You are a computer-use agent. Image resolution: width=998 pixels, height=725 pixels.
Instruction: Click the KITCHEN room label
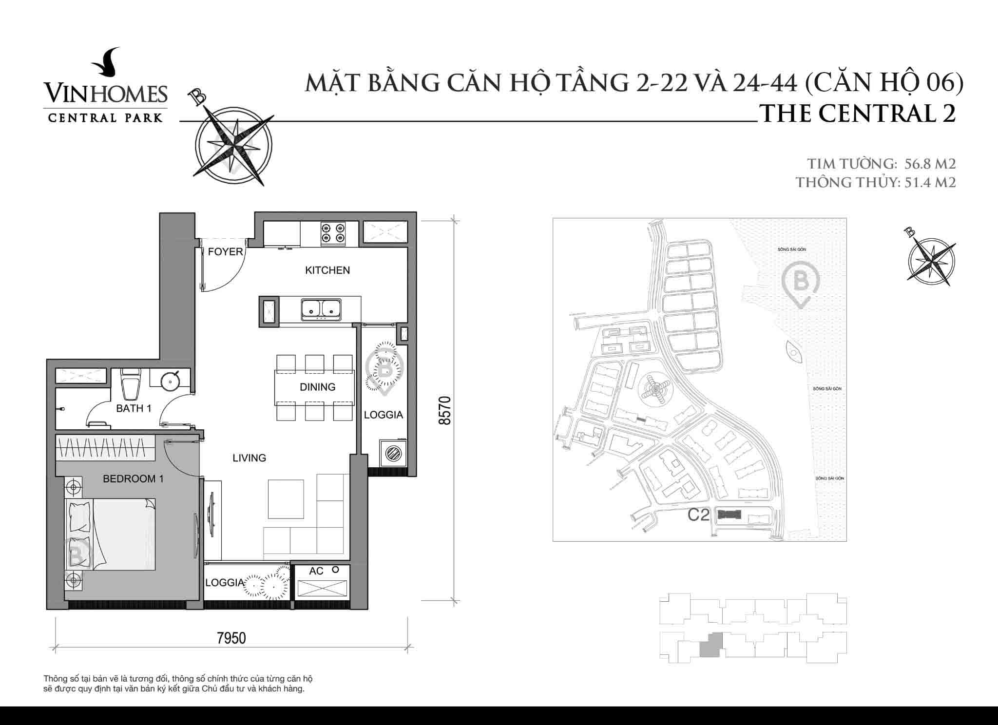327,270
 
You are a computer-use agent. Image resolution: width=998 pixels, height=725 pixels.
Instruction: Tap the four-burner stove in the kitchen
333,233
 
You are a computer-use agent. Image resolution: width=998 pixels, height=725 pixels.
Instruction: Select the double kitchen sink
321,309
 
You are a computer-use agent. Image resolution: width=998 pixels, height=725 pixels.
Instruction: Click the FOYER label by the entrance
225,251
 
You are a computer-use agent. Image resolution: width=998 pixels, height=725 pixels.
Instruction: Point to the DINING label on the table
317,387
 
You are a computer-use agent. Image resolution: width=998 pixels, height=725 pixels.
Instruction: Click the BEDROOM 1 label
133,479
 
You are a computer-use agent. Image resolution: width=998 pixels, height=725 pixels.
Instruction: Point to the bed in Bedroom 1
111,534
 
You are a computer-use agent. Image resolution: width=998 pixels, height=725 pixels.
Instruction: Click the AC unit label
316,571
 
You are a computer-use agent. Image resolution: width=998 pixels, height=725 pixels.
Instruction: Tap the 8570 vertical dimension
444,410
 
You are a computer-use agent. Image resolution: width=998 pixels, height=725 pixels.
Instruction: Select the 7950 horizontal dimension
231,638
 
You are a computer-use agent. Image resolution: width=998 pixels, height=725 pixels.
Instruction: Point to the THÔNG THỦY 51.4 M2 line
875,183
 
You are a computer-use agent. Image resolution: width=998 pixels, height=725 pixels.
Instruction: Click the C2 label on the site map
698,515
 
